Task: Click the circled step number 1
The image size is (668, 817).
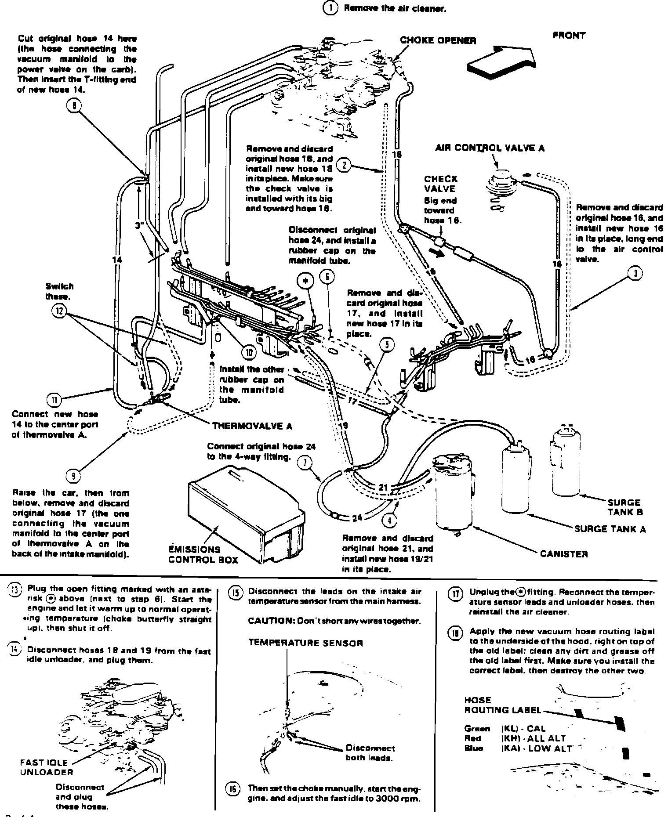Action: (x=330, y=8)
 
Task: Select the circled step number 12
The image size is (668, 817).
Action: (x=58, y=311)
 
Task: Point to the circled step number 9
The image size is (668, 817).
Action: (x=73, y=475)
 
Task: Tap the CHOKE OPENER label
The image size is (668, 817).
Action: (x=438, y=40)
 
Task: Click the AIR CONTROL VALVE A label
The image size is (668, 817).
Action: (x=490, y=148)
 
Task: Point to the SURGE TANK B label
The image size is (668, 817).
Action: (x=624, y=507)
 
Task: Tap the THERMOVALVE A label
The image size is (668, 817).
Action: (x=252, y=426)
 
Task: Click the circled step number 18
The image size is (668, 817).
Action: (x=455, y=633)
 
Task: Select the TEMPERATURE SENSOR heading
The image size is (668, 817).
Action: (x=305, y=643)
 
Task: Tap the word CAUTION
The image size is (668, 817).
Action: (x=269, y=621)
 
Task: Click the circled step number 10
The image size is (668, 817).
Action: (x=249, y=352)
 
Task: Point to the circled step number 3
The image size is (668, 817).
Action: (x=635, y=274)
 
